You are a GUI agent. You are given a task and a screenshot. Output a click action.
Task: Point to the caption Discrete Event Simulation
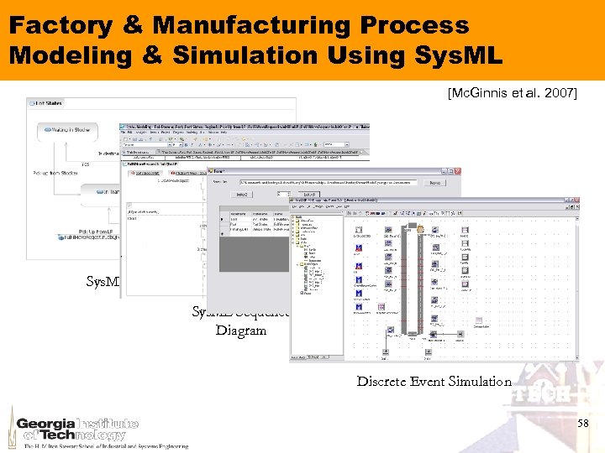pos(434,381)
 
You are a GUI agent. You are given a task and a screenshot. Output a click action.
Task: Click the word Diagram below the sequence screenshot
pos(241,331)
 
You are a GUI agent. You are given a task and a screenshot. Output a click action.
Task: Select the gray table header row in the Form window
pos(252,215)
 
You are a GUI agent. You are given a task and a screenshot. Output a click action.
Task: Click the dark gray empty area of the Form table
pos(252,248)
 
